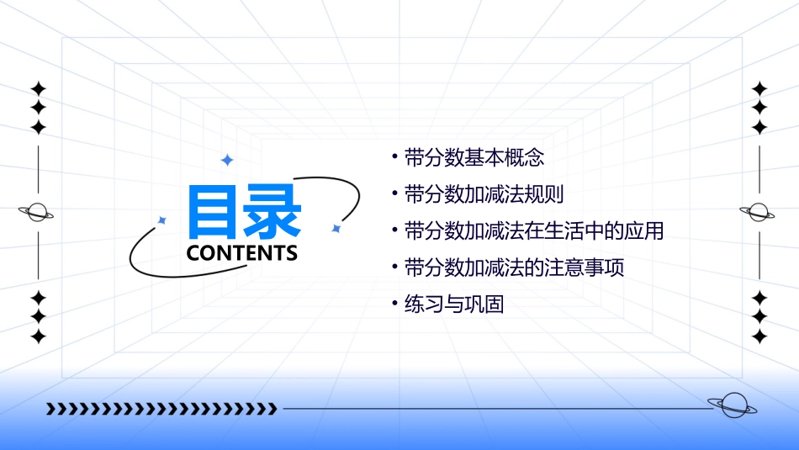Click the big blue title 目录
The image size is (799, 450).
[x=244, y=211]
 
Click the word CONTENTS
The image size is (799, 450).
[x=242, y=253]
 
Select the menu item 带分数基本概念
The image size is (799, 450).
[x=474, y=156]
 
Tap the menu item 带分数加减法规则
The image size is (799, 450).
[x=484, y=193]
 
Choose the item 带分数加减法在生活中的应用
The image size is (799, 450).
[x=534, y=230]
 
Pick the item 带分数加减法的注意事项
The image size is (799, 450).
[x=514, y=267]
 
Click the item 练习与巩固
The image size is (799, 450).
[x=453, y=304]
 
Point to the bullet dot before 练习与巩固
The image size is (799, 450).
[x=394, y=304]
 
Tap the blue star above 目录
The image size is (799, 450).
[x=226, y=160]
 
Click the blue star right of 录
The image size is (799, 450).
[x=336, y=228]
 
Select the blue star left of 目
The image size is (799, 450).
[x=162, y=220]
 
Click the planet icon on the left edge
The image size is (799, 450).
[x=37, y=213]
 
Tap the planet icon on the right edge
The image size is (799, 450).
[x=758, y=213]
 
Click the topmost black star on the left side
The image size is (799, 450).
[x=38, y=88]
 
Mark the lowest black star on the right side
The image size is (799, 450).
[x=759, y=336]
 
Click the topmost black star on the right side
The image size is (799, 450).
[x=759, y=88]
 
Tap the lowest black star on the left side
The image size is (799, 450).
[x=38, y=336]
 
